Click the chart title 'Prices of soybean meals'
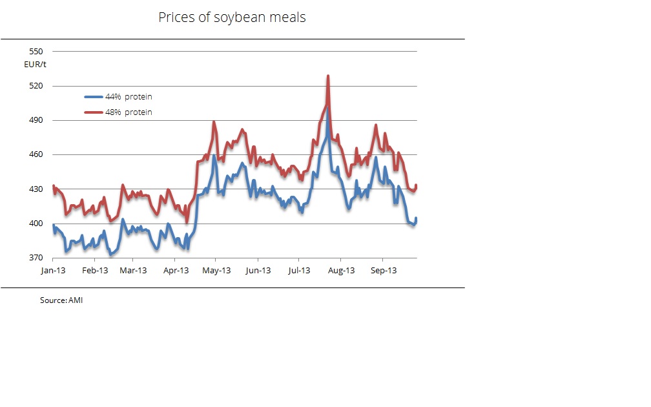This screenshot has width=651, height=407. pyautogui.click(x=232, y=17)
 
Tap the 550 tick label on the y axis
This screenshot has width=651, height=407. pyautogui.click(x=36, y=52)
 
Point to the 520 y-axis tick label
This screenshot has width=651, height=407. pyautogui.click(x=36, y=86)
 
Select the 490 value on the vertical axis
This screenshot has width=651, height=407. pyautogui.click(x=36, y=121)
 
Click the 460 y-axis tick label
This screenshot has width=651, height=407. pyautogui.click(x=36, y=155)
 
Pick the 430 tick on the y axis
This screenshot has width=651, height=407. pyautogui.click(x=36, y=189)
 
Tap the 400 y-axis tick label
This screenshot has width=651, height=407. pyautogui.click(x=36, y=224)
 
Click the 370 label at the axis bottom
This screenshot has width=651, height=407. pyautogui.click(x=36, y=258)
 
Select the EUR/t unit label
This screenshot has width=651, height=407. pyautogui.click(x=36, y=64)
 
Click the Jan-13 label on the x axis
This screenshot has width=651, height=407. pyautogui.click(x=53, y=270)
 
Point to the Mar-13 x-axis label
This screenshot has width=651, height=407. pyautogui.click(x=134, y=270)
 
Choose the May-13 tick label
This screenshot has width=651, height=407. pyautogui.click(x=216, y=270)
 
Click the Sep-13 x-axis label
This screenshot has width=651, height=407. pyautogui.click(x=382, y=270)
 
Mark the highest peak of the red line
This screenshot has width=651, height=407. pyautogui.click(x=328, y=76)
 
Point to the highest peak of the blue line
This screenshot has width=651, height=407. pyautogui.click(x=327, y=107)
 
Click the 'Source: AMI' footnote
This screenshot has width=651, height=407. pyautogui.click(x=61, y=300)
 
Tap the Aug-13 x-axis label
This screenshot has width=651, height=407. pyautogui.click(x=341, y=270)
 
